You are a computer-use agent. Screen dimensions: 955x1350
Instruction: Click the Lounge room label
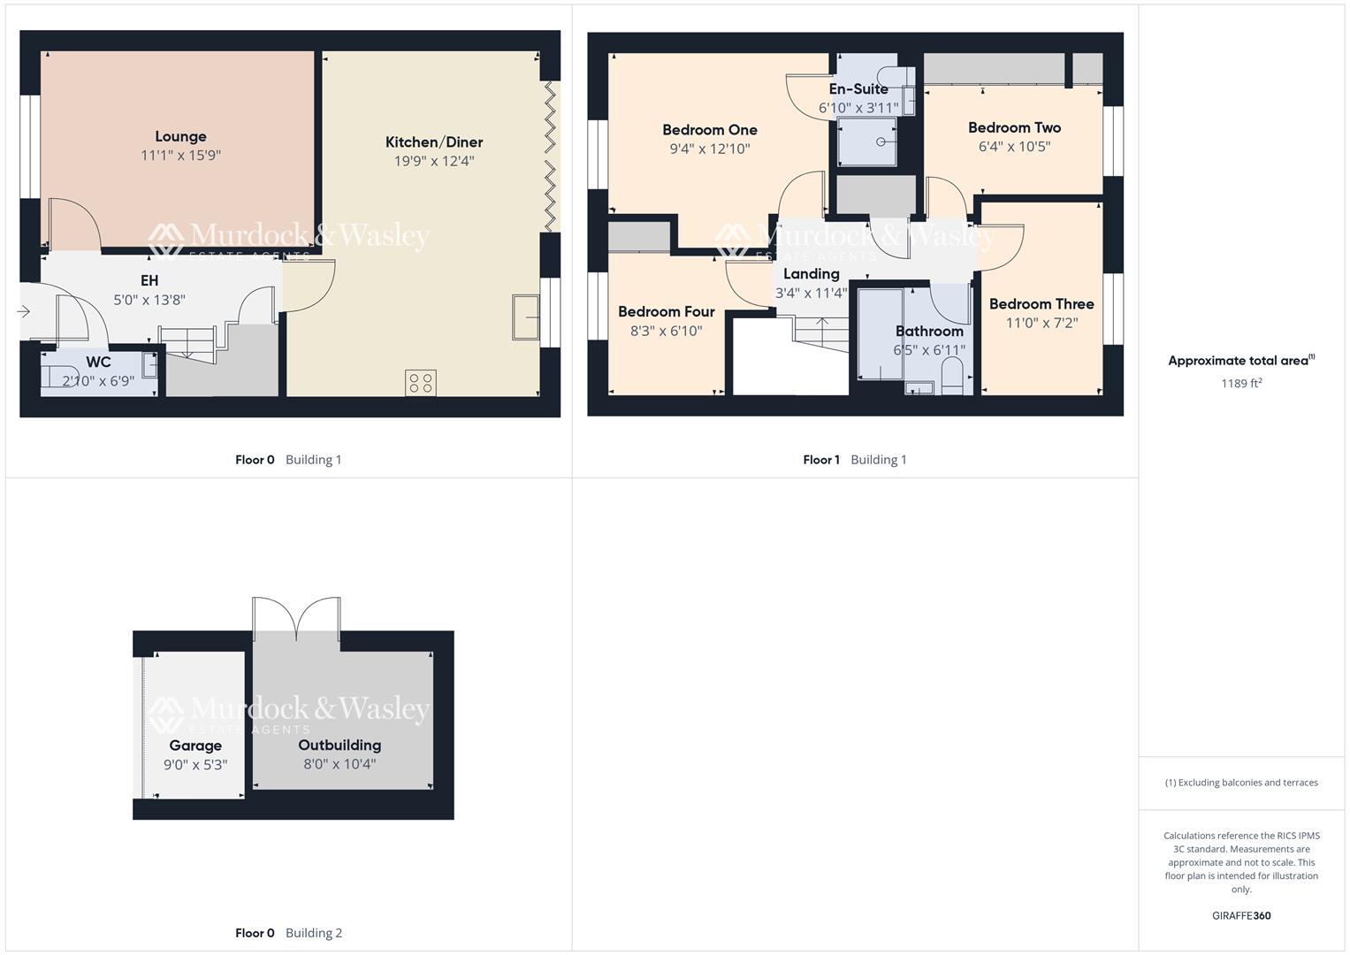[180, 136]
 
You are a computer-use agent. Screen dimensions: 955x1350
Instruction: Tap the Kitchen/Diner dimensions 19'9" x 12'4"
[434, 161]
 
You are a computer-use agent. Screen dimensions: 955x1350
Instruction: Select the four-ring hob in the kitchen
[421, 383]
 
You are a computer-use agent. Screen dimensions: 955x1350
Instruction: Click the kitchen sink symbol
[526, 317]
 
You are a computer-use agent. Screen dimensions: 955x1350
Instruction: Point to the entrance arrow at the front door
[23, 311]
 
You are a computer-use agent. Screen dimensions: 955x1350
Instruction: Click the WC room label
[98, 363]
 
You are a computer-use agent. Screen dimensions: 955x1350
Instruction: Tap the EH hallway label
[149, 280]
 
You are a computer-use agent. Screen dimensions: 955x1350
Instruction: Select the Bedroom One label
[709, 130]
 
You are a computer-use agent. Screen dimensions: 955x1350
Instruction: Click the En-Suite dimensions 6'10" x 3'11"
[858, 108]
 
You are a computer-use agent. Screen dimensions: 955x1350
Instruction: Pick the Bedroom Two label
[1014, 127]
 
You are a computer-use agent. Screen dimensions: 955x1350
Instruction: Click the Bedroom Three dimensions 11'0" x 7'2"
[1041, 324]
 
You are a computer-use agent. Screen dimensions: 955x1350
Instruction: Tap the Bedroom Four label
[666, 311]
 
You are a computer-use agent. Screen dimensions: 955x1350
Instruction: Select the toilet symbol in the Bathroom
[952, 382]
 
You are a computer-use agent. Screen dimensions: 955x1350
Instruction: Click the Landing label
[811, 274]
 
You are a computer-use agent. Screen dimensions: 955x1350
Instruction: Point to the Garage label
[195, 745]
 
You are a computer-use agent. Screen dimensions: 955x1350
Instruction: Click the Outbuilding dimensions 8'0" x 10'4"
[339, 764]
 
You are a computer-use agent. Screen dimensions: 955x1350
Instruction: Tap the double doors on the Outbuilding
[296, 617]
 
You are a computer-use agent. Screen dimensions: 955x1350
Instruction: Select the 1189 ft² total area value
[1240, 383]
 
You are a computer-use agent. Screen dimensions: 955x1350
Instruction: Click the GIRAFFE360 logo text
[1240, 916]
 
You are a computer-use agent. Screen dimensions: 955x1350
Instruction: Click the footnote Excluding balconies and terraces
[1240, 783]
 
